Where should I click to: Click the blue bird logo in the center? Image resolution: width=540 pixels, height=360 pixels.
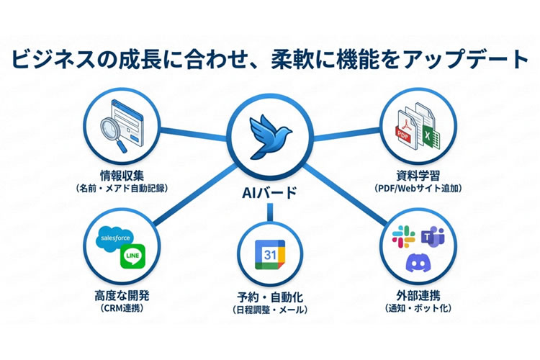click(x=270, y=137)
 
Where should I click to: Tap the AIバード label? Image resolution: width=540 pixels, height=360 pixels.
click(x=270, y=193)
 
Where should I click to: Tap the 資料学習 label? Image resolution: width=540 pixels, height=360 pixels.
click(x=418, y=175)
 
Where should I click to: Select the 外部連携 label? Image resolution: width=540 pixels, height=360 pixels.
click(x=418, y=296)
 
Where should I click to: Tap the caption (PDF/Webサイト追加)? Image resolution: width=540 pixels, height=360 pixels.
click(x=418, y=189)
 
